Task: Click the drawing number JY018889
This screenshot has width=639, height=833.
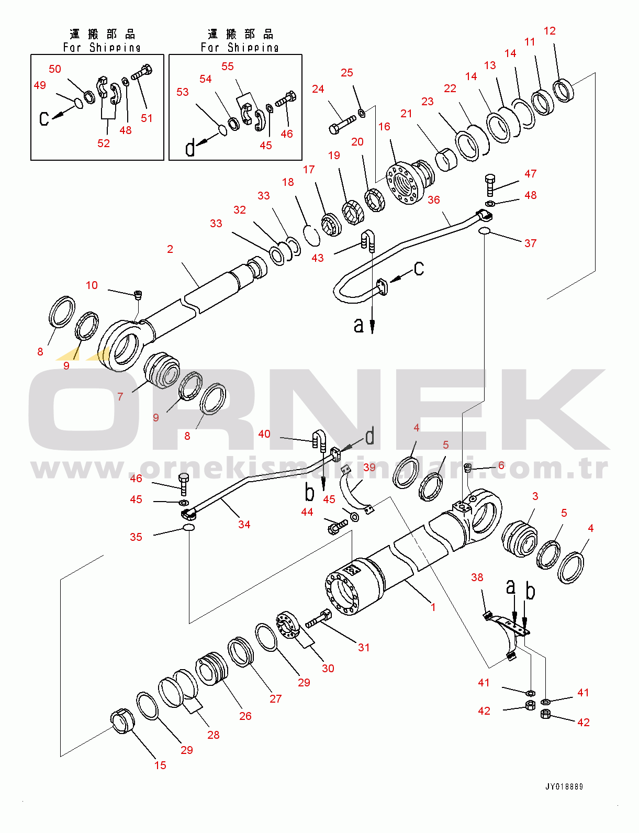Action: (x=564, y=786)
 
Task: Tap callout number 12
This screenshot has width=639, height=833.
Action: (x=550, y=31)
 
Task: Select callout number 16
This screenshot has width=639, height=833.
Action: (x=384, y=127)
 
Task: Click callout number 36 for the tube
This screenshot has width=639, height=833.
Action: (x=434, y=199)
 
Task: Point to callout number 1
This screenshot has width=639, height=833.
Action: (x=433, y=607)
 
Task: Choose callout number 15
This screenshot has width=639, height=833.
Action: (x=160, y=765)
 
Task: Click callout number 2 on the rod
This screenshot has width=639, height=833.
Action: (x=170, y=249)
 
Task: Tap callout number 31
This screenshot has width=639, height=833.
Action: (x=364, y=648)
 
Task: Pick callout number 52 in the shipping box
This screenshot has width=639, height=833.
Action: (x=104, y=143)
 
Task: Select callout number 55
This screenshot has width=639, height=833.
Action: (x=227, y=66)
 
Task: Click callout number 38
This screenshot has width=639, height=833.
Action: (x=477, y=577)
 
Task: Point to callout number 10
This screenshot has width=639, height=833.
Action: (x=92, y=285)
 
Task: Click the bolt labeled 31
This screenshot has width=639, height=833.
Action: (x=318, y=618)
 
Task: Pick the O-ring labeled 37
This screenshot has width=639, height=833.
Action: (x=484, y=231)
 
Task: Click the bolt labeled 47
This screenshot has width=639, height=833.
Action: (x=490, y=185)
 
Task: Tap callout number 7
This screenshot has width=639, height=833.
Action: (x=120, y=397)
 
